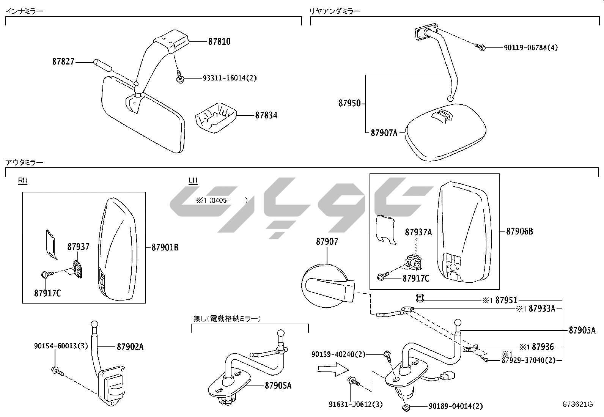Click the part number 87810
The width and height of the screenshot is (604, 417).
click(219, 41)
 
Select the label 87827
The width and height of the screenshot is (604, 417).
click(63, 61)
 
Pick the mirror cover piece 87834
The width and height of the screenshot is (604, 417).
click(216, 117)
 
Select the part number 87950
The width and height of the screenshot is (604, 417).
click(349, 103)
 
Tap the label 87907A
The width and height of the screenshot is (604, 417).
click(384, 133)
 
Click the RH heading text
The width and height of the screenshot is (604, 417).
click(23, 180)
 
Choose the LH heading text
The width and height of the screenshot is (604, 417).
click(193, 180)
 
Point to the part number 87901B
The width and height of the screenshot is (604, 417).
click(165, 247)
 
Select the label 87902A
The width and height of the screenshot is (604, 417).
click(130, 346)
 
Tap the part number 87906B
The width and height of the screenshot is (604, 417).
click(519, 231)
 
